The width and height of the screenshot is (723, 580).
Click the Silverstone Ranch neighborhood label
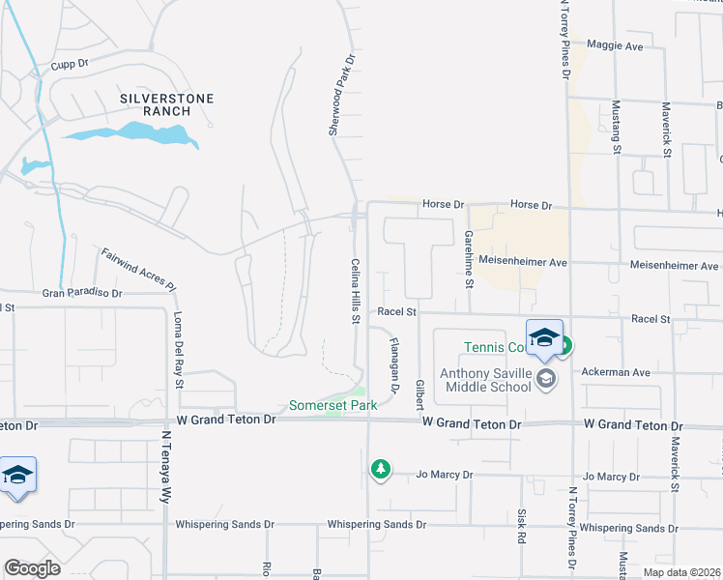[x=166, y=104]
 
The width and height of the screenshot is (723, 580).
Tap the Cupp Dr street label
[x=71, y=63]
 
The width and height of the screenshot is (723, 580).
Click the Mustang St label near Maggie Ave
[x=616, y=126]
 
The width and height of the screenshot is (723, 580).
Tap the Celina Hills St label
[x=355, y=290]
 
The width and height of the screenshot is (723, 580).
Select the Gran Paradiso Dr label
[x=82, y=292]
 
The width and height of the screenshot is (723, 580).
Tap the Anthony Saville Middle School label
[x=485, y=380]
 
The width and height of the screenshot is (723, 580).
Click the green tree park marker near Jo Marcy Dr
[x=381, y=469]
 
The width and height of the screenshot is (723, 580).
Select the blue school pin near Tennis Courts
[x=544, y=337]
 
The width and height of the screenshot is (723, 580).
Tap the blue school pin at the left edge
[x=17, y=476]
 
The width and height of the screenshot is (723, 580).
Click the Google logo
[x=32, y=568]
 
